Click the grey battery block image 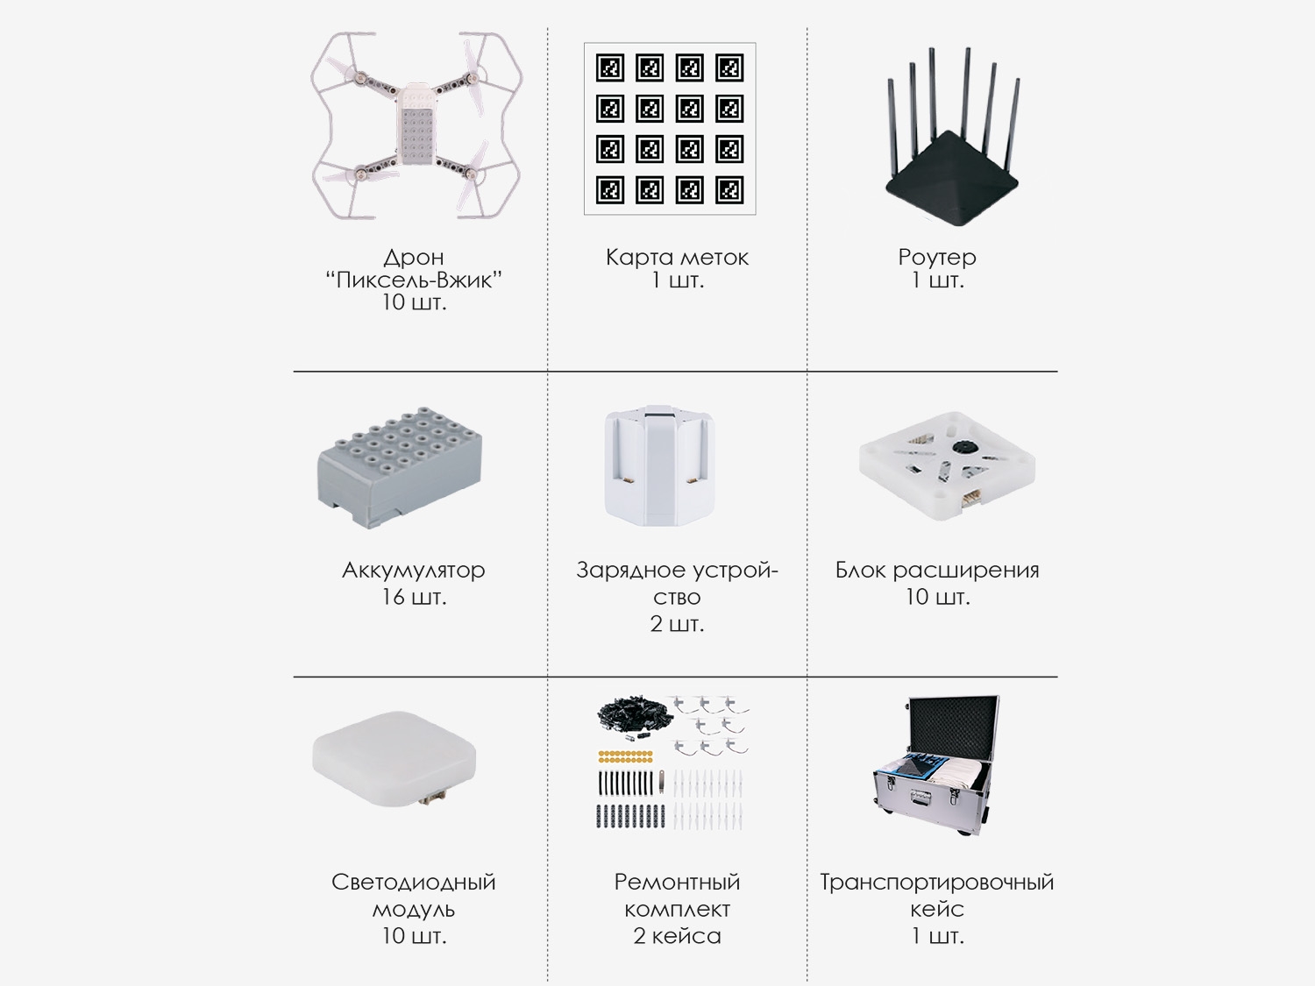click(x=400, y=467)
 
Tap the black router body click(x=952, y=179)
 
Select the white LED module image click(x=394, y=758)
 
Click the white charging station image click(x=659, y=465)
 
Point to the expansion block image click(x=947, y=465)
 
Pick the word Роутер click(x=937, y=257)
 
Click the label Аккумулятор click(x=414, y=570)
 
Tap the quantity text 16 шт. click(x=414, y=597)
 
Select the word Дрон click(x=414, y=257)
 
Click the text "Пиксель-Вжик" click(x=414, y=280)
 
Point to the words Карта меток click(x=677, y=257)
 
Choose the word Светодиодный click(x=414, y=882)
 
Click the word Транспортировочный click(x=937, y=882)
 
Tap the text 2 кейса click(x=677, y=936)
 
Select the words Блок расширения click(x=937, y=570)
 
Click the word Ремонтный click(x=677, y=882)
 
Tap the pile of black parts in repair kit click(x=632, y=713)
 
